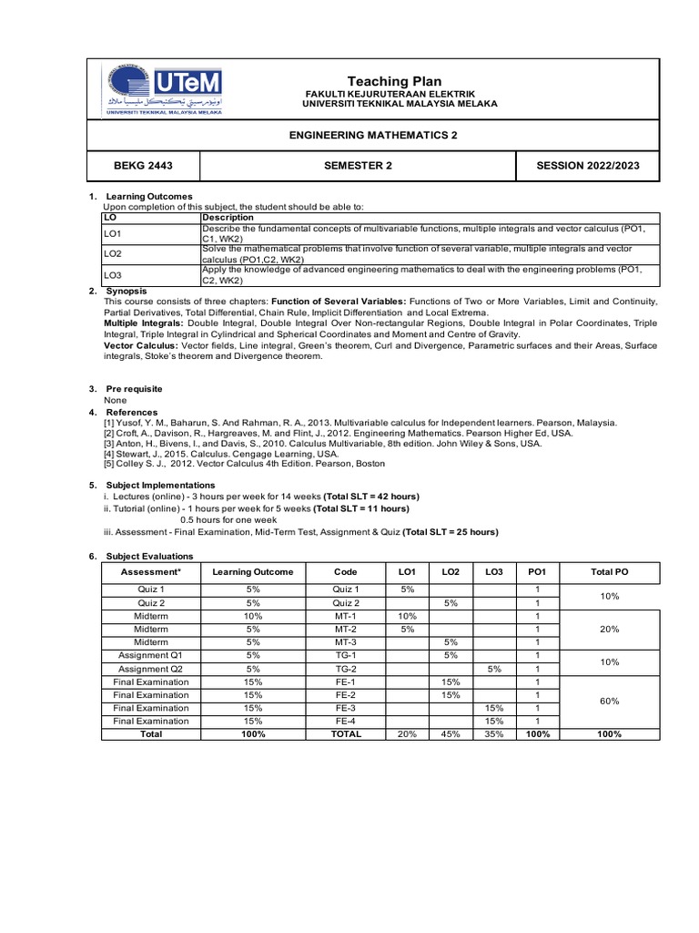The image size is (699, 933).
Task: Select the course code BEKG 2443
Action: pos(142,165)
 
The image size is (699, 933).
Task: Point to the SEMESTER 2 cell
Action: pos(357,165)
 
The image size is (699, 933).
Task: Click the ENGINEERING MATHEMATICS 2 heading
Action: pos(373,135)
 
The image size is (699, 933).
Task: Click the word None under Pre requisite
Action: pos(116,400)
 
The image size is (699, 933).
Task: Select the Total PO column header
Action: pos(609,571)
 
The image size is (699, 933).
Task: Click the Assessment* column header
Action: pos(150,571)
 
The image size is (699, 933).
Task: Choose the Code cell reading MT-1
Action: pos(346,616)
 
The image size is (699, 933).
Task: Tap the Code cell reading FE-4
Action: pos(346,721)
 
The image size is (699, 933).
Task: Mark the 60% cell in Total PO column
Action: pos(609,702)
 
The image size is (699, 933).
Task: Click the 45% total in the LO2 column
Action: pos(450,734)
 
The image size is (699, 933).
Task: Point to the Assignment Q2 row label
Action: pos(150,668)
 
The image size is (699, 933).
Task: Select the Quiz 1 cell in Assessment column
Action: pos(150,590)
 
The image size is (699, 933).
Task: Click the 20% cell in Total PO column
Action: pos(609,629)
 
